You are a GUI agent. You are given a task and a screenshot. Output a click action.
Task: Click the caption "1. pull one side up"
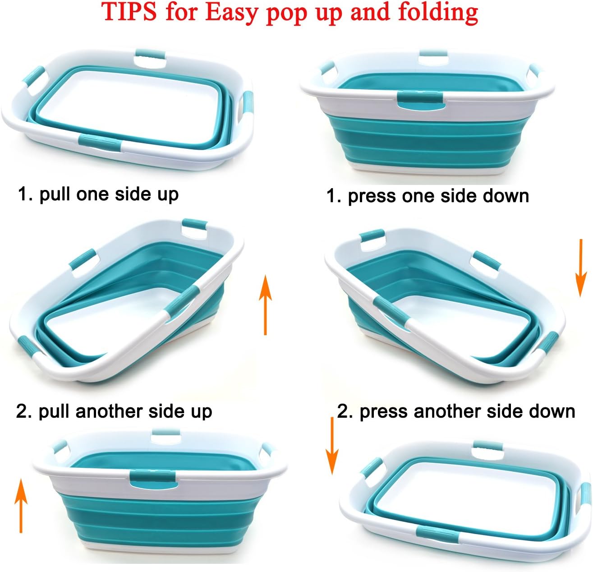click(x=98, y=194)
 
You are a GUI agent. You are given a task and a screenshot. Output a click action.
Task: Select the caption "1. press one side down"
click(x=428, y=196)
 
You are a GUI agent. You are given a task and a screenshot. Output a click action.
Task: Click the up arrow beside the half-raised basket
click(x=266, y=305)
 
